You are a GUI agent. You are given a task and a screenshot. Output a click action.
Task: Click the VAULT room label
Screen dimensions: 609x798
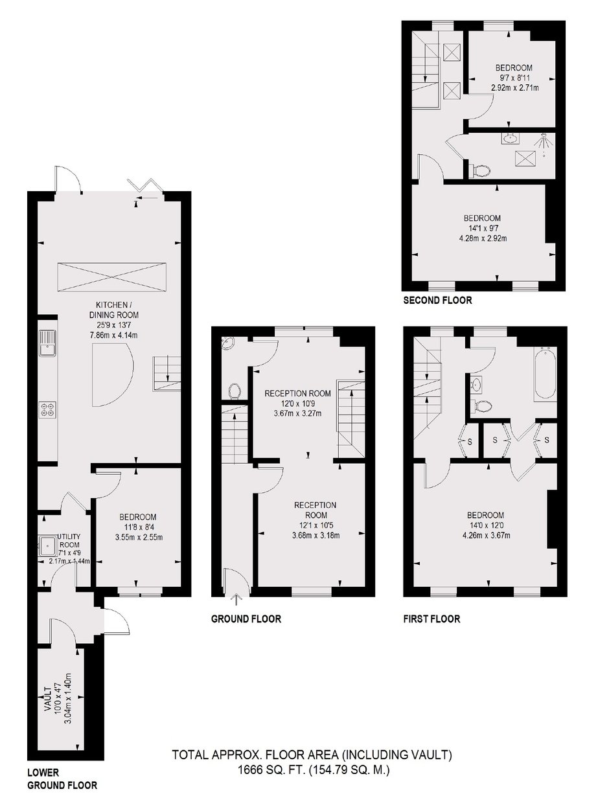pos(47,698)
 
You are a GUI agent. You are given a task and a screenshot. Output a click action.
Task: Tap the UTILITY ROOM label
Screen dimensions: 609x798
pos(69,541)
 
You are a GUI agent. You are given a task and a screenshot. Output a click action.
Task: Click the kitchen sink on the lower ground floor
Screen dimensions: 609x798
pos(47,343)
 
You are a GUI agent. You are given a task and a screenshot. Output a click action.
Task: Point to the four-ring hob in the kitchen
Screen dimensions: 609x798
pos(48,409)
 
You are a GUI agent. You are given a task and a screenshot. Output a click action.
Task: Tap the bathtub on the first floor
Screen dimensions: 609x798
pos(544,374)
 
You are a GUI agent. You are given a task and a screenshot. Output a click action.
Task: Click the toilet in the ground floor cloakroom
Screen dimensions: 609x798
pos(235,391)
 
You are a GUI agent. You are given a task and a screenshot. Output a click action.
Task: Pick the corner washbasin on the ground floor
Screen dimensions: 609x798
pos(228,343)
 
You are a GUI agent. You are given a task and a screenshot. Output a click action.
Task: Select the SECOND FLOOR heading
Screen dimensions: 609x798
pos(438,301)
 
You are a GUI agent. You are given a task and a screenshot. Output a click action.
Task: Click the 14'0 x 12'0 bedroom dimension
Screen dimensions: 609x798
pos(485,525)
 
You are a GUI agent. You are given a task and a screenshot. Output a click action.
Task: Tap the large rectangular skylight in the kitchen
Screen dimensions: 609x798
pos(112,277)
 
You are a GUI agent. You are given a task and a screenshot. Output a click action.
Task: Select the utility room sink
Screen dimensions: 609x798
pos(47,545)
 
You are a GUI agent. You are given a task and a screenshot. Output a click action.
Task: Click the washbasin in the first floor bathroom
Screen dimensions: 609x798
pos(476,383)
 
